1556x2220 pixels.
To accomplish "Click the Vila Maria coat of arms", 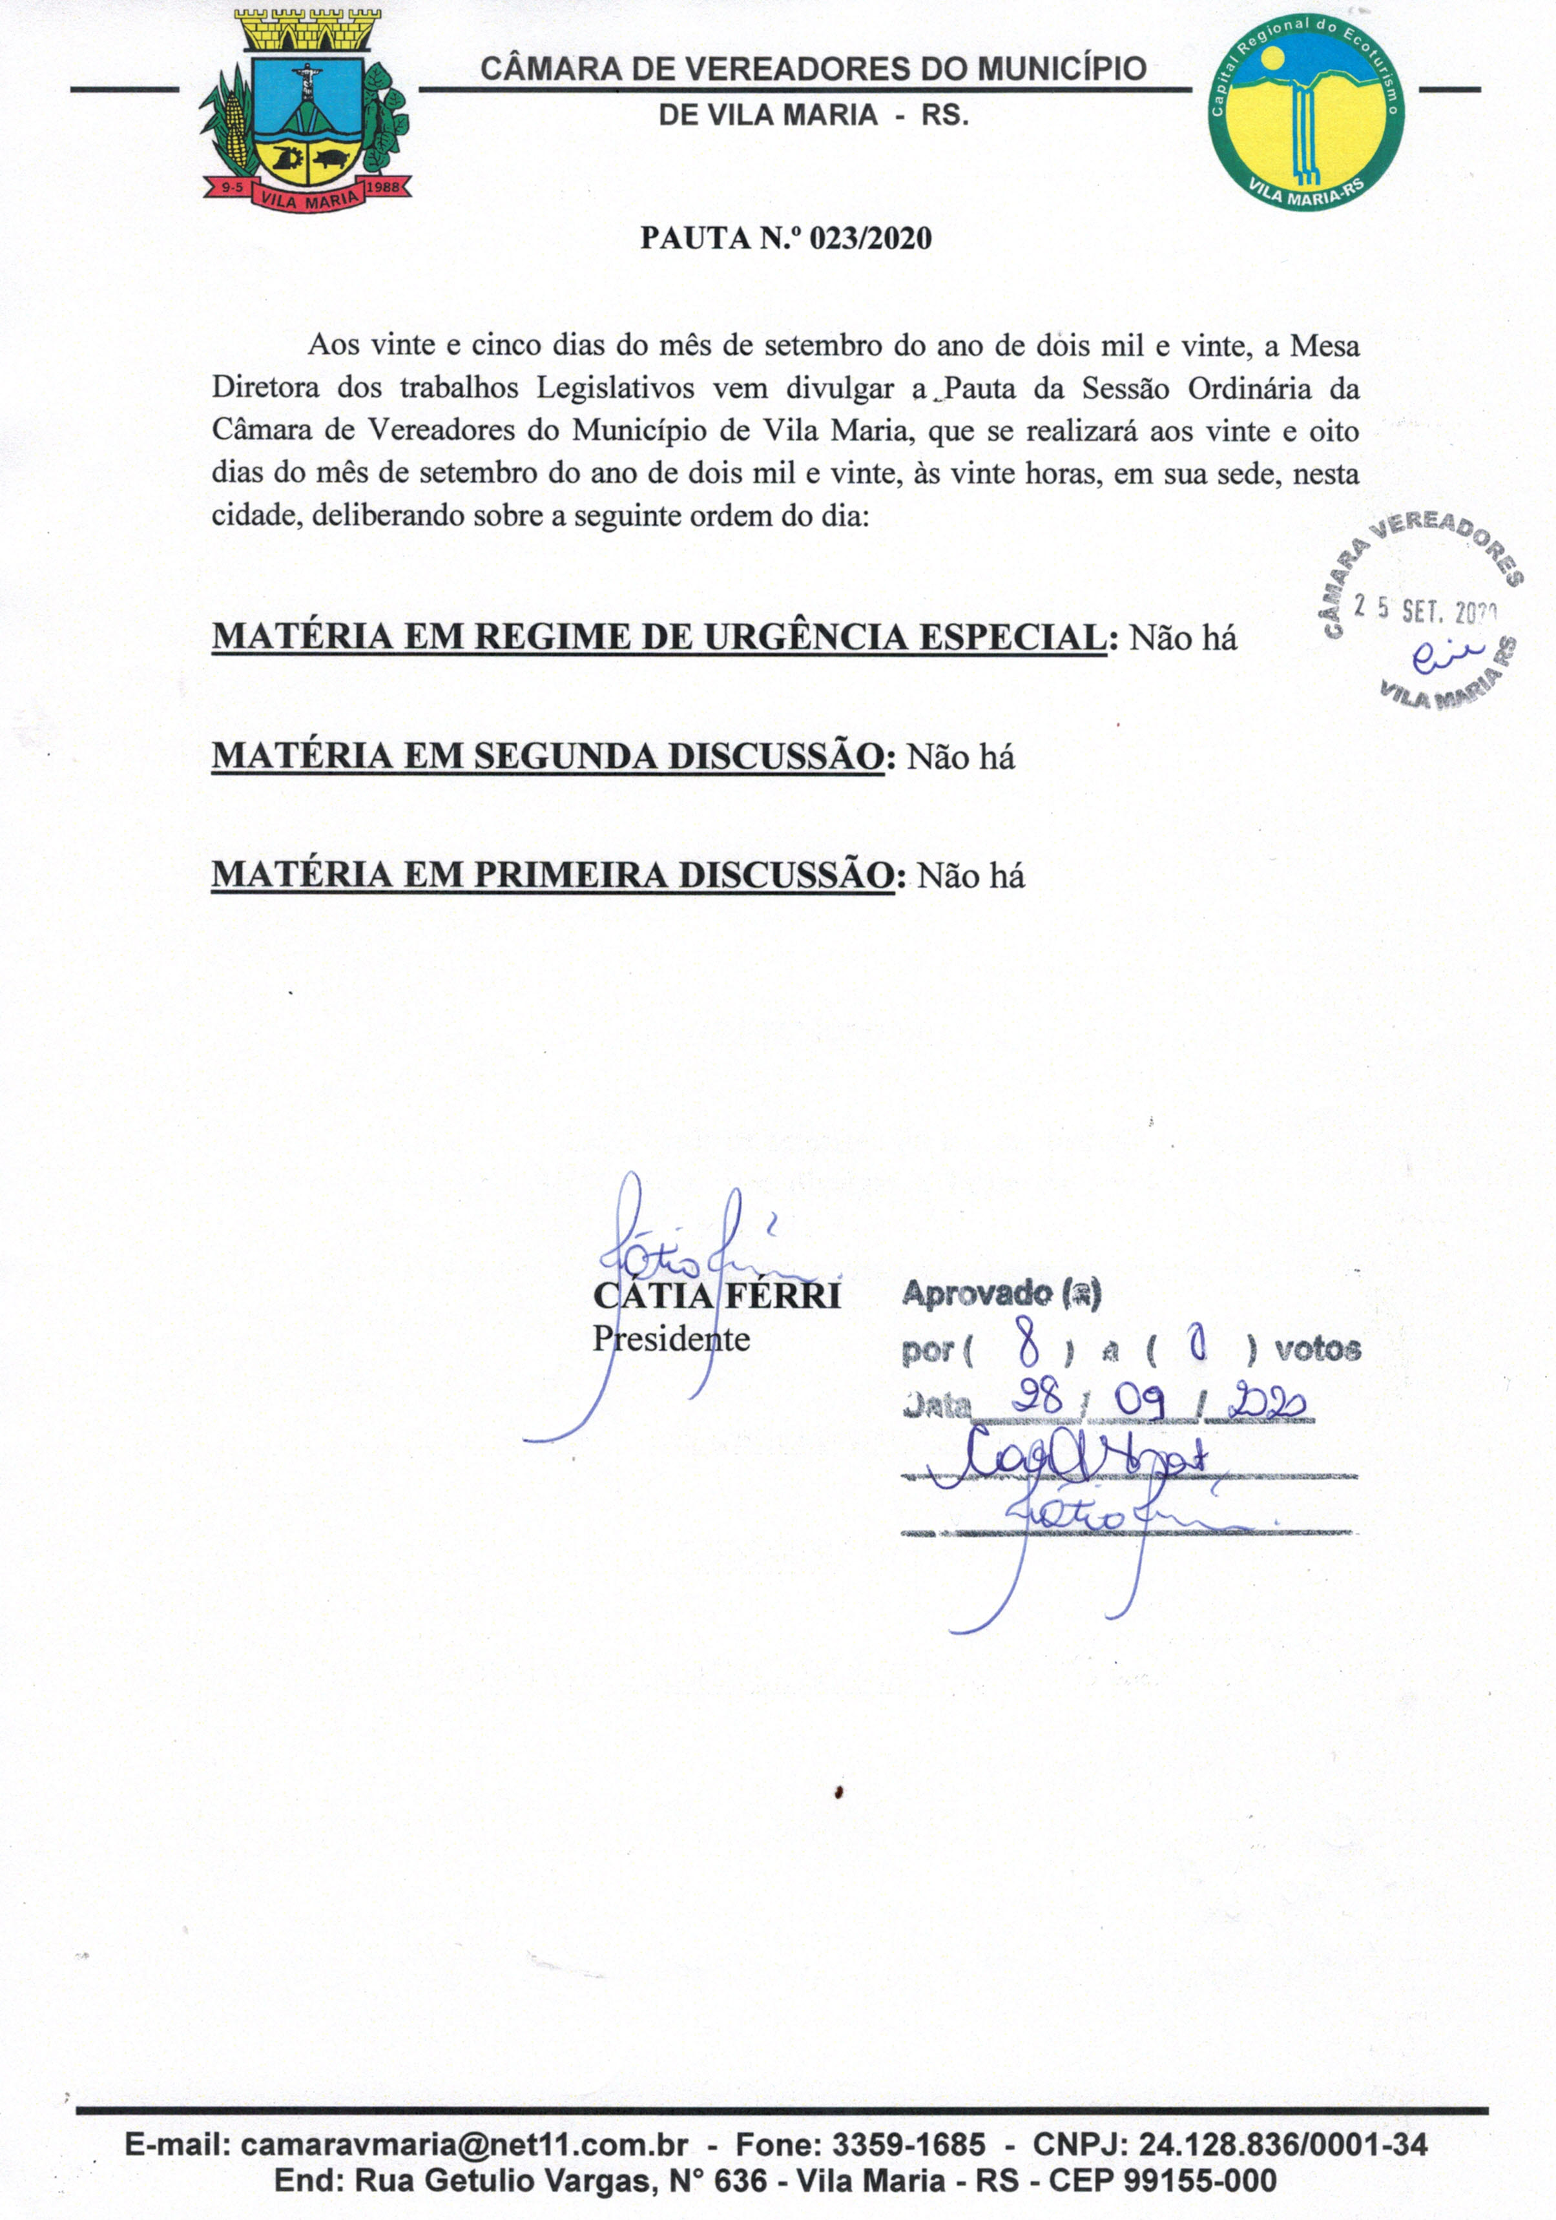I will (306, 111).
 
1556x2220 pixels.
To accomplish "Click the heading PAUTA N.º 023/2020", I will (785, 238).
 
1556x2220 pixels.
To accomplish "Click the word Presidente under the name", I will (670, 1339).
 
